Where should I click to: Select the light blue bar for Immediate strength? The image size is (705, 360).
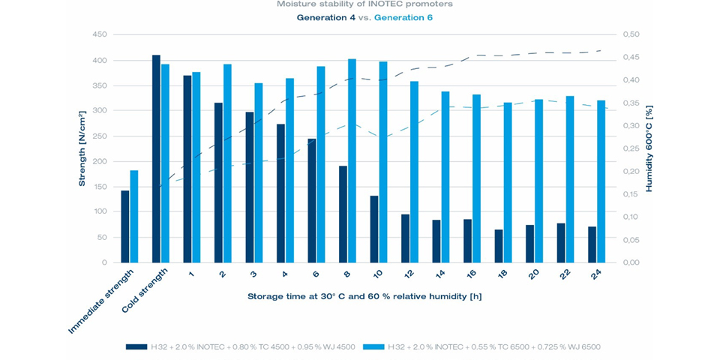[x=134, y=217]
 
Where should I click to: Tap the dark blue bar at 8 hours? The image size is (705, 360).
[x=343, y=214]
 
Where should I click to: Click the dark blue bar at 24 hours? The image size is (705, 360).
[x=592, y=244]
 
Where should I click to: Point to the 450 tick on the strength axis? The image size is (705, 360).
[x=98, y=34]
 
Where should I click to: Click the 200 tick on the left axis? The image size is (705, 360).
[x=98, y=161]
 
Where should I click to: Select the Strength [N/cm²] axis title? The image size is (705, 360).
[x=83, y=148]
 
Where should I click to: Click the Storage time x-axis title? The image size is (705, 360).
[x=364, y=296]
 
